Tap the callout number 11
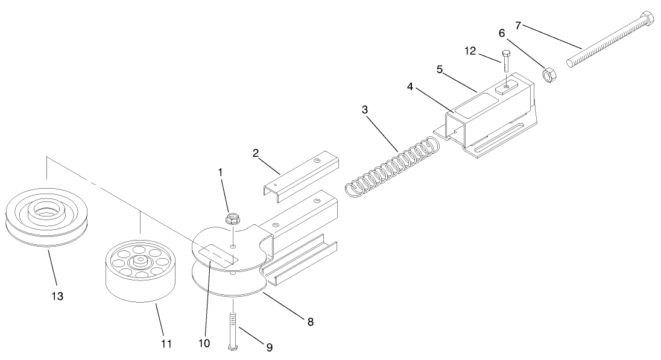click(x=166, y=344)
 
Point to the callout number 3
click(x=365, y=110)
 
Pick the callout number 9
click(x=269, y=347)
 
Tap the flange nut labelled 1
click(x=232, y=218)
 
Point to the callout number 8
click(x=310, y=321)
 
